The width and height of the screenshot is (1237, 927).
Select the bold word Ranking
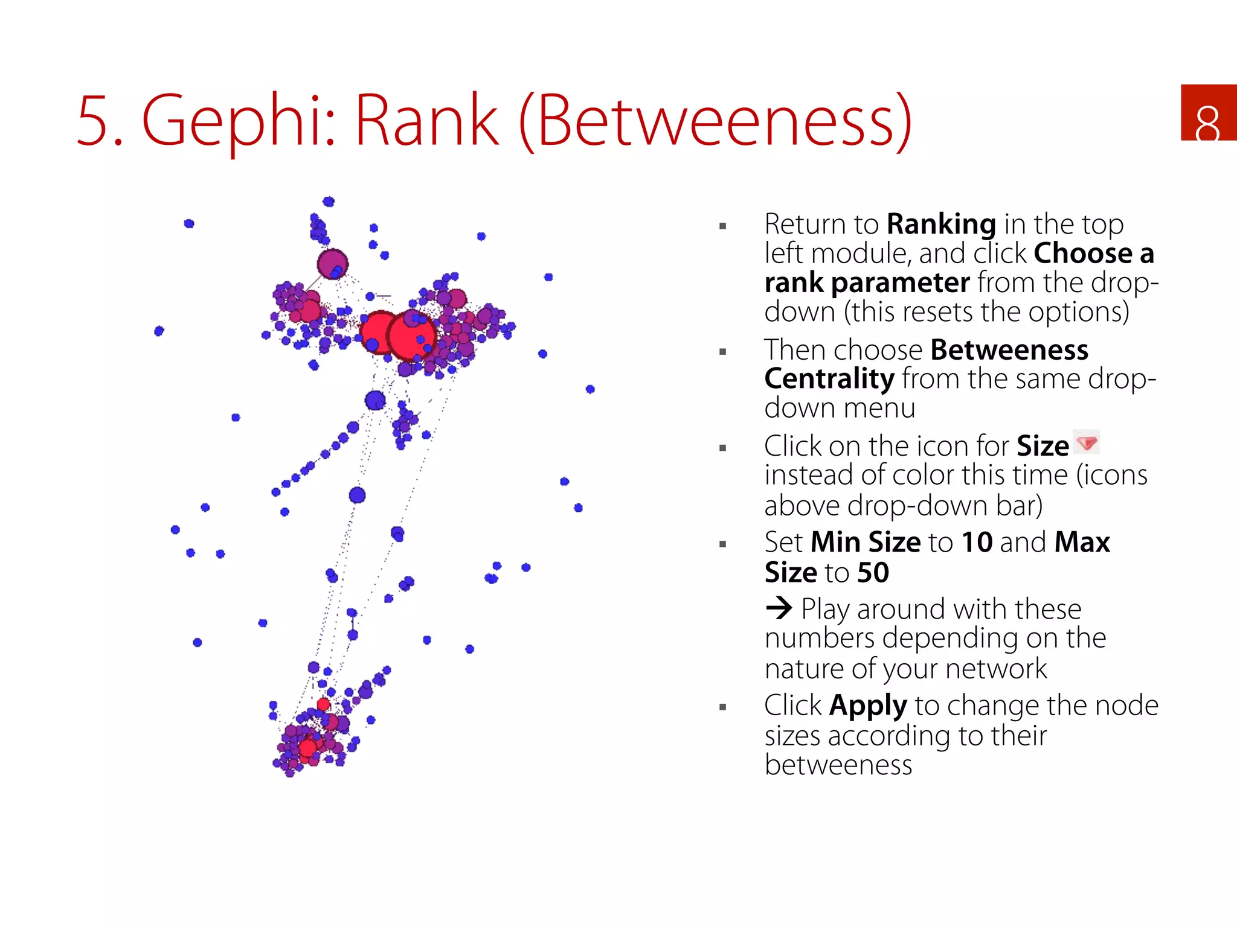pyautogui.click(x=940, y=225)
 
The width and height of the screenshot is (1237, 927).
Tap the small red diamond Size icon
pyautogui.click(x=1087, y=442)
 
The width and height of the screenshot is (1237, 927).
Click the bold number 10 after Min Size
pyautogui.click(x=977, y=542)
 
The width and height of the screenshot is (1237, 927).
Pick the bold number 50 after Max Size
pyautogui.click(x=873, y=572)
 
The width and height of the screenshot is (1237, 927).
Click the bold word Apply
pyautogui.click(x=868, y=706)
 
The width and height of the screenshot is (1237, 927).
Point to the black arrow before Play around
pyautogui.click(x=779, y=608)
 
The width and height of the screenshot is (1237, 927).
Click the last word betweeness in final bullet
pyautogui.click(x=838, y=765)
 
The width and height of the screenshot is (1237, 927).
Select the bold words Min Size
pyautogui.click(x=866, y=542)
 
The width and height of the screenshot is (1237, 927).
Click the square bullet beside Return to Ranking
pyautogui.click(x=722, y=226)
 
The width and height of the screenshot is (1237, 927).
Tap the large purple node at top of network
pyautogui.click(x=332, y=264)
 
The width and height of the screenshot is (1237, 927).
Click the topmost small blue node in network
pyautogui.click(x=328, y=202)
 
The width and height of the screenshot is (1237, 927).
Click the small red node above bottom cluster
pyautogui.click(x=323, y=704)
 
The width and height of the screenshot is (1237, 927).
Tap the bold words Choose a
pyautogui.click(x=1093, y=253)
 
